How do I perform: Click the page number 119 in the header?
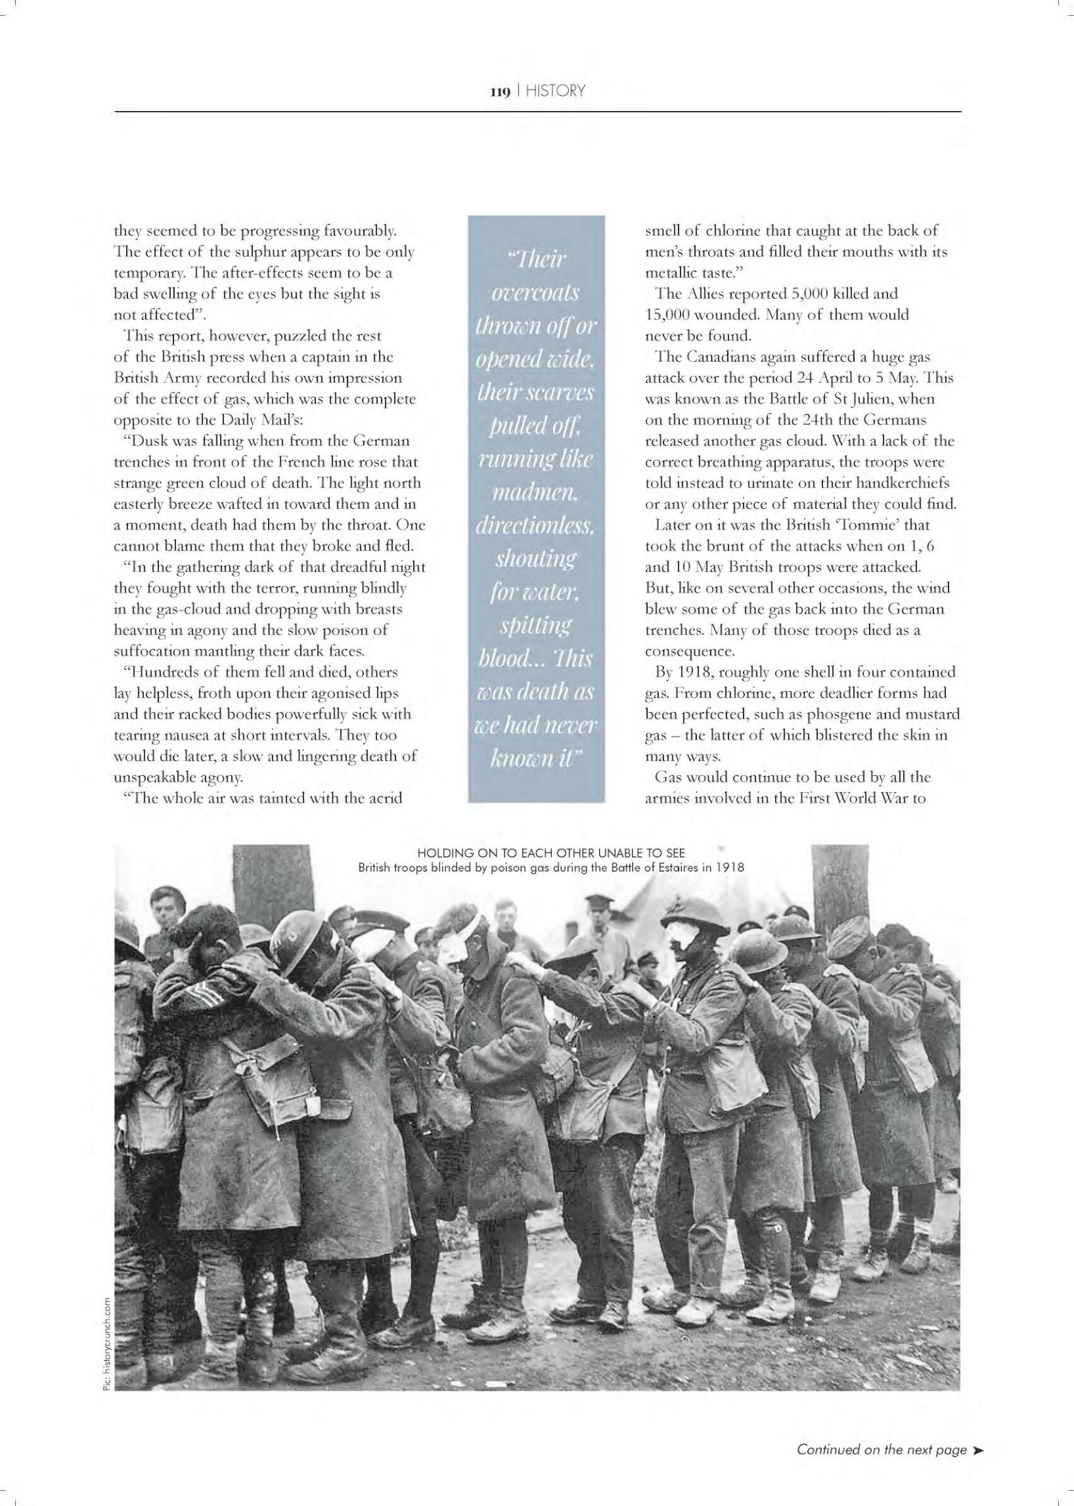499,91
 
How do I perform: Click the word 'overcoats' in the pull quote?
535,293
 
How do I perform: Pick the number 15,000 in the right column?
667,314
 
